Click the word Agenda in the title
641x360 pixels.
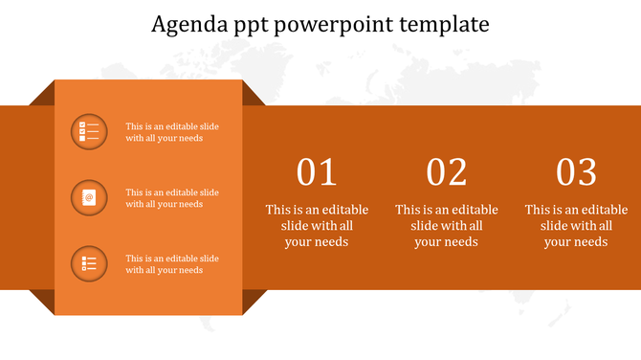(185, 24)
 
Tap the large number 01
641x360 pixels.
(317, 172)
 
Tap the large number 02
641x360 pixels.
(447, 172)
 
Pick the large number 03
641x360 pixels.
(576, 172)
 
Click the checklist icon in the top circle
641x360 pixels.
(89, 132)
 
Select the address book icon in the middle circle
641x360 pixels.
(89, 197)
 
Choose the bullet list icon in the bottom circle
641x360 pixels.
(89, 263)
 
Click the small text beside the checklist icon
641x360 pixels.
(172, 132)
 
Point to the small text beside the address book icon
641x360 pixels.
(172, 198)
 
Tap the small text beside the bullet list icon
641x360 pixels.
(172, 264)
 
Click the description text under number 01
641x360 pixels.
(317, 226)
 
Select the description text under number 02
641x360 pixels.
(447, 226)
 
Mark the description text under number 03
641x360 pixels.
(576, 226)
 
